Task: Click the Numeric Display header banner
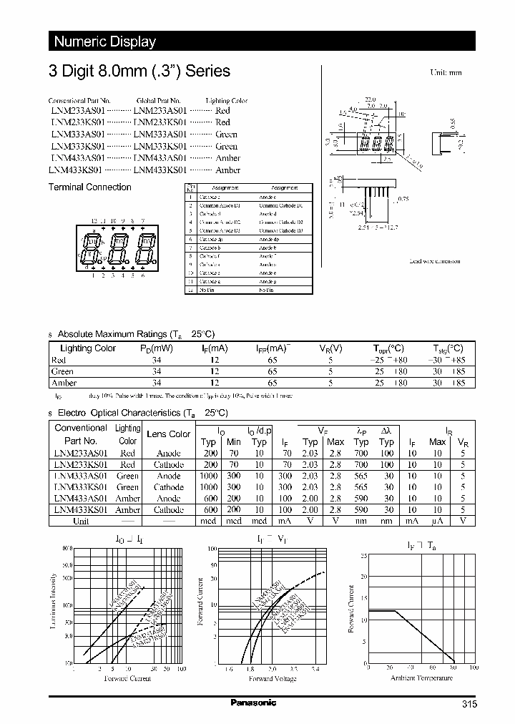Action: click(x=104, y=41)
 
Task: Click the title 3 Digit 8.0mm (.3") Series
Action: click(x=139, y=71)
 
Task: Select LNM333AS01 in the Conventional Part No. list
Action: click(x=78, y=134)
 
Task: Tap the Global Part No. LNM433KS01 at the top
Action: click(x=160, y=170)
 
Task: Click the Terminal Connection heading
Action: click(x=89, y=187)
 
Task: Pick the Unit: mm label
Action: click(x=445, y=73)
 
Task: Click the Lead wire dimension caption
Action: click(x=434, y=261)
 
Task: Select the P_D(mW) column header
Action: click(x=156, y=348)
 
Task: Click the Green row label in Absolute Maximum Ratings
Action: click(x=62, y=371)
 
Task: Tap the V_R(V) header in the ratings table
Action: click(x=330, y=348)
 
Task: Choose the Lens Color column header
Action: click(x=168, y=434)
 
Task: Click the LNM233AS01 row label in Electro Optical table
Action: click(x=79, y=453)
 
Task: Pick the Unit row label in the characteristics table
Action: click(x=81, y=521)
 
